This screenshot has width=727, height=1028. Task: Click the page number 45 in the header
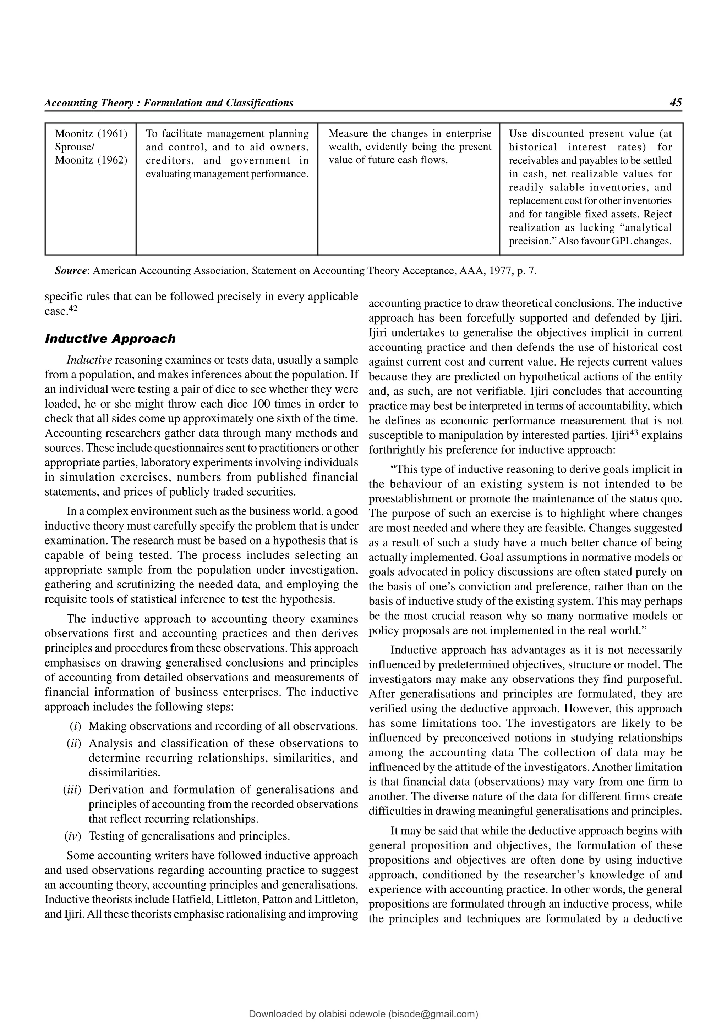[x=676, y=103]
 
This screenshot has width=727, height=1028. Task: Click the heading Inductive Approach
[x=110, y=338]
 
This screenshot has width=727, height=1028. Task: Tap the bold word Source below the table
[x=72, y=271]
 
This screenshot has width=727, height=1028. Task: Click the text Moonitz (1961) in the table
[x=91, y=133]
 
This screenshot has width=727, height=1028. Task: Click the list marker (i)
[x=75, y=726]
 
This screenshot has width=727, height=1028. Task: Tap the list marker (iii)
[x=72, y=789]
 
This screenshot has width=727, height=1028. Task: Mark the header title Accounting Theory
[x=89, y=103]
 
